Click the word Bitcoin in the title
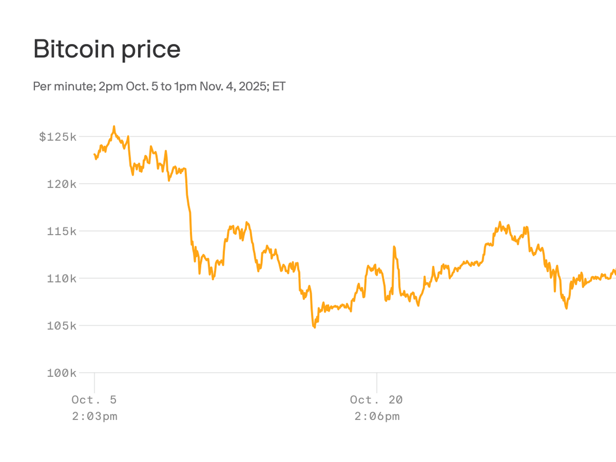74,49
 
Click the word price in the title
151,51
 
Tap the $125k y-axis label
58,137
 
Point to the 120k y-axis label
62,184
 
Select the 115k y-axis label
62,231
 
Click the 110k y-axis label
62,278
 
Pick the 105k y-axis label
62,326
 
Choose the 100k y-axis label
62,373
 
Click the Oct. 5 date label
94,400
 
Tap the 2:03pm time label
95,416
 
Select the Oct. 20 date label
376,400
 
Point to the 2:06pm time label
377,416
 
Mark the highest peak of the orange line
114,127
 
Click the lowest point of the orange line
314,327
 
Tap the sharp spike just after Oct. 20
394,247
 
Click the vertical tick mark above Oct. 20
377,383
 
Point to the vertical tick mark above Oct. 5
94,383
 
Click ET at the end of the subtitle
279,87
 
